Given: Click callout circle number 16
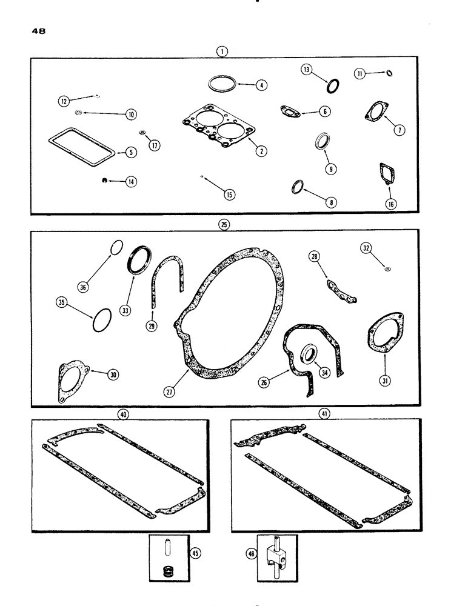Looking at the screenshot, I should coord(391,204).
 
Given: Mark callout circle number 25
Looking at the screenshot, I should coord(224,224).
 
